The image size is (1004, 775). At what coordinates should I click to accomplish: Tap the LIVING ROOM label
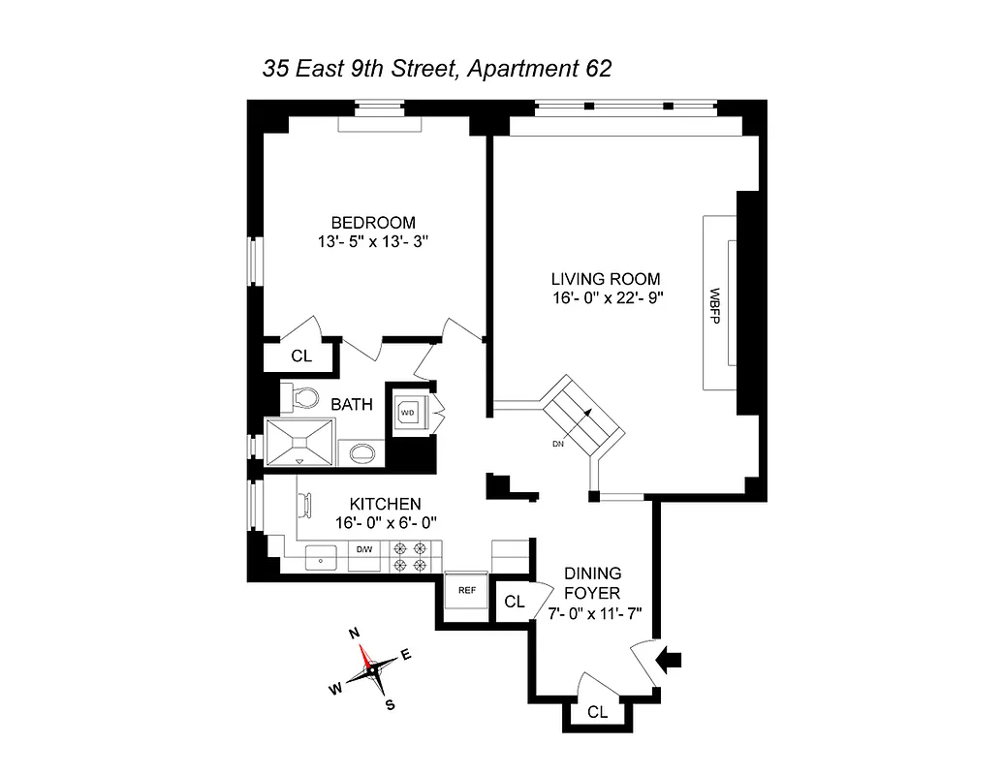607,278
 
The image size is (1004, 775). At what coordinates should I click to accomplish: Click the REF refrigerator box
466,588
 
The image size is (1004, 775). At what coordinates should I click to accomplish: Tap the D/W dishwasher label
364,550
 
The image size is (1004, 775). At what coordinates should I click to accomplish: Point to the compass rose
371,669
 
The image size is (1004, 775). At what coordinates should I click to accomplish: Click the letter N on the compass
354,633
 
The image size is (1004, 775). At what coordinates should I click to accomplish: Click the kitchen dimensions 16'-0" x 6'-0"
386,522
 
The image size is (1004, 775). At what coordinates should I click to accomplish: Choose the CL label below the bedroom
301,356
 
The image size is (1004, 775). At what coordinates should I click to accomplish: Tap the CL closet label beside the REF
514,602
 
